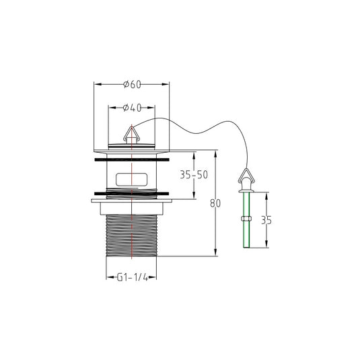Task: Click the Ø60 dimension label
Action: (x=132, y=85)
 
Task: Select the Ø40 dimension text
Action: (x=132, y=108)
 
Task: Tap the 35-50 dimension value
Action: (x=194, y=175)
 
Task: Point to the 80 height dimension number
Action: (x=215, y=203)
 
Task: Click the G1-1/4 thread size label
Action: (x=133, y=278)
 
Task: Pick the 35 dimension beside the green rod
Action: (x=266, y=220)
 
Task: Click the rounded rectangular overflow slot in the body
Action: (x=132, y=179)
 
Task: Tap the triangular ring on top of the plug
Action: (x=131, y=135)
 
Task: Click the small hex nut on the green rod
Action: (x=246, y=219)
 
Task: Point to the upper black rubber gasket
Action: (x=132, y=159)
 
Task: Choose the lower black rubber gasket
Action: (x=132, y=194)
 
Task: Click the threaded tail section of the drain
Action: (x=132, y=236)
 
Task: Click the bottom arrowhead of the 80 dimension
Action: (x=215, y=252)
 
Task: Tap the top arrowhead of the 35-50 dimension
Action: (x=194, y=155)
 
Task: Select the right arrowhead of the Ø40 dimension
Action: (x=151, y=108)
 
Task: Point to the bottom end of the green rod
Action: (x=246, y=247)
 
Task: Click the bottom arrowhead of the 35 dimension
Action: (x=266, y=244)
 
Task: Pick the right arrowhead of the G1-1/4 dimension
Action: (x=153, y=277)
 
